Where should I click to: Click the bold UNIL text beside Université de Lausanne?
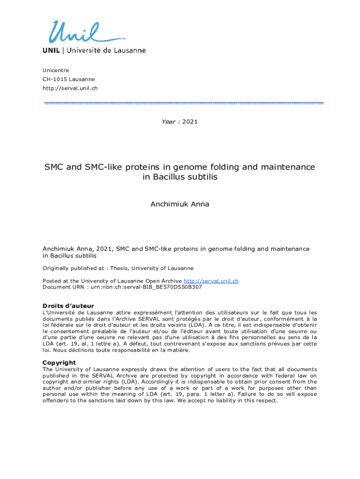coord(51,51)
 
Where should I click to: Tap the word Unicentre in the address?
coord(56,71)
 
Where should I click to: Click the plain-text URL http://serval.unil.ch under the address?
coord(70,88)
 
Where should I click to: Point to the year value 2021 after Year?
coord(190,122)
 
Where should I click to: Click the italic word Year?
coord(169,122)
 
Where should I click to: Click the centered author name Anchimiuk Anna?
coord(180,204)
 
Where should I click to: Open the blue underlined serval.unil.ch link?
coord(211,281)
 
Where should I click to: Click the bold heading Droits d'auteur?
coord(68,306)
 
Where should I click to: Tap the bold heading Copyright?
coord(59,363)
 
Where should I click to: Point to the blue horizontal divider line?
coord(183,103)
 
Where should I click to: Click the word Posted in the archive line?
coord(51,281)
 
